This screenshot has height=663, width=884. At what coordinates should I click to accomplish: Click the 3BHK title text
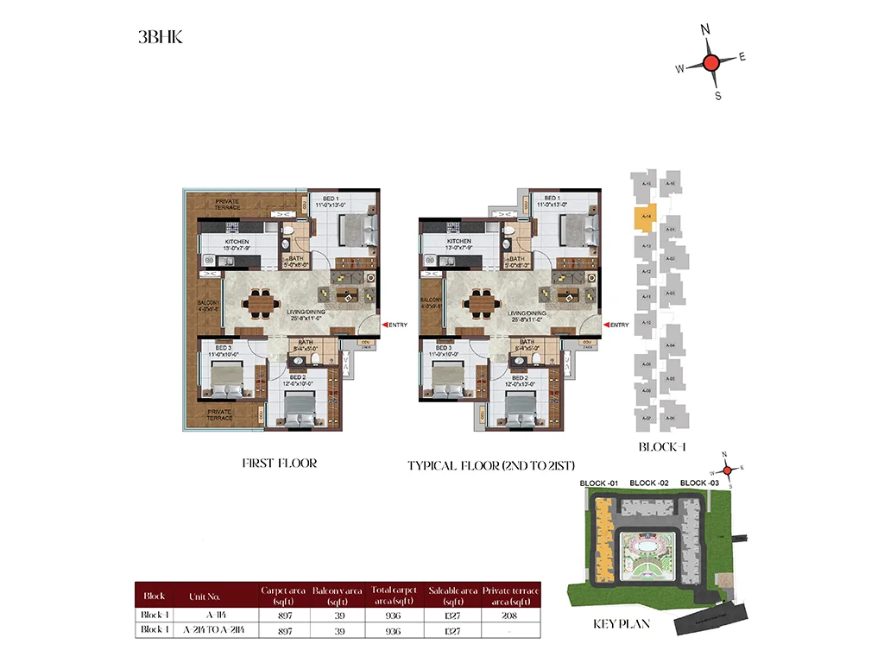160,37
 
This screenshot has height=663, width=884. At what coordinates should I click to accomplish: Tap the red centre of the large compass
710,62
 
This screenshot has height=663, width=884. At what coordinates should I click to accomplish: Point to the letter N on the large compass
705,29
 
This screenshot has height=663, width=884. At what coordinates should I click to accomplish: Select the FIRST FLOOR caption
279,464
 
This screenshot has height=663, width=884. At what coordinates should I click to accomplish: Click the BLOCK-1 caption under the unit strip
661,447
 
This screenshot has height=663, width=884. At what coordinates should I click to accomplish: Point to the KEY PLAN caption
621,623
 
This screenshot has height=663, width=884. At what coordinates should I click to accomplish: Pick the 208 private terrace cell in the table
511,615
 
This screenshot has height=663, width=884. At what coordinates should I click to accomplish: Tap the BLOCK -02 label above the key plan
647,483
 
